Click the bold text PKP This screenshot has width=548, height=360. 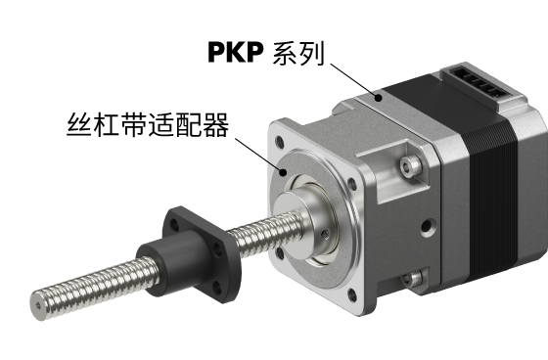click(x=236, y=53)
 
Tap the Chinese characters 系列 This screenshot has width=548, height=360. click(x=298, y=53)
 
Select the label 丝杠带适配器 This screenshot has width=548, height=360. click(x=148, y=124)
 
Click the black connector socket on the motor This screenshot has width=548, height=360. click(x=479, y=81)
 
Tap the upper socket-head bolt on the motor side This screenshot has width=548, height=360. click(x=410, y=165)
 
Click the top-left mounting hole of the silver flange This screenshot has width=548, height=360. click(x=280, y=142)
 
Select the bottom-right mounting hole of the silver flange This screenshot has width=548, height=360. click(x=352, y=295)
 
